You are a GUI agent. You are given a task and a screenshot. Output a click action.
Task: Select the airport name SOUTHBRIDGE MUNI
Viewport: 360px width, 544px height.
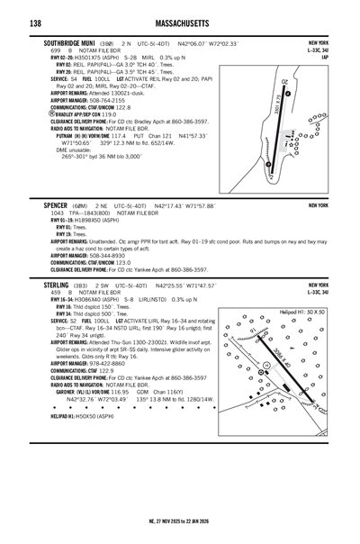pyautogui.click(x=76, y=42)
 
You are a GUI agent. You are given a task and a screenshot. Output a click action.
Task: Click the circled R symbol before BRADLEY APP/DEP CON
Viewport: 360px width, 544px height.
pyautogui.click(x=47, y=115)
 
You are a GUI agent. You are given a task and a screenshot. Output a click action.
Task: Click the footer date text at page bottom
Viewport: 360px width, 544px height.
pyautogui.click(x=180, y=520)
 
